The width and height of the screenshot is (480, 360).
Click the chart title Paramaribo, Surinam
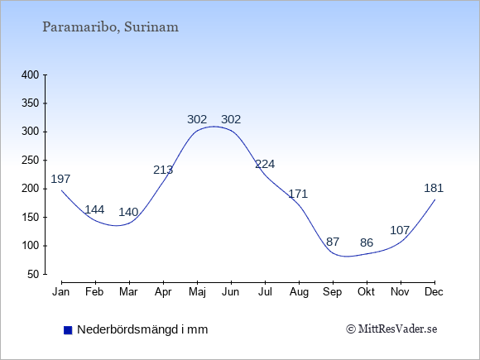coord(110,27)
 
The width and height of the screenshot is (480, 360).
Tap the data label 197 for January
coord(60,179)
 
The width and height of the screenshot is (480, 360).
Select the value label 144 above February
coord(94,209)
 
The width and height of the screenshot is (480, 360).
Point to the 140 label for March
coord(128,212)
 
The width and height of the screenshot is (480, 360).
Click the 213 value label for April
coord(163,170)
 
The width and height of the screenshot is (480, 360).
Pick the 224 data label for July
coord(265,165)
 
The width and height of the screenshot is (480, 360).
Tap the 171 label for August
coord(298,194)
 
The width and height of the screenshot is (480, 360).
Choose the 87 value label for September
coord(333,242)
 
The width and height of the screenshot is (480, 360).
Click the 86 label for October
coord(367,242)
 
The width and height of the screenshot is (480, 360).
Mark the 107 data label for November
coord(400,230)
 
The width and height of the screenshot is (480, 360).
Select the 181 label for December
coord(434,188)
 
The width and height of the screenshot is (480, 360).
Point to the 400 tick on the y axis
coord(31,75)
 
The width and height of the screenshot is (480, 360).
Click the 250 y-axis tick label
coord(31,161)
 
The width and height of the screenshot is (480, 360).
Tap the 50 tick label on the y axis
coord(33,274)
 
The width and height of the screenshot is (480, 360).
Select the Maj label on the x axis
coord(197,292)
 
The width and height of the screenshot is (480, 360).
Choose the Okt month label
coord(366,292)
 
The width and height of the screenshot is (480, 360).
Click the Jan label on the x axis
coord(61,292)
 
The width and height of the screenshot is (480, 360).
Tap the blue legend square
coord(68,330)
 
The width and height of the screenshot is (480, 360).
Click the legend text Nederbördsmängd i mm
coord(142,329)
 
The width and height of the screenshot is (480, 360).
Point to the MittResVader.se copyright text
coord(391,329)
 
